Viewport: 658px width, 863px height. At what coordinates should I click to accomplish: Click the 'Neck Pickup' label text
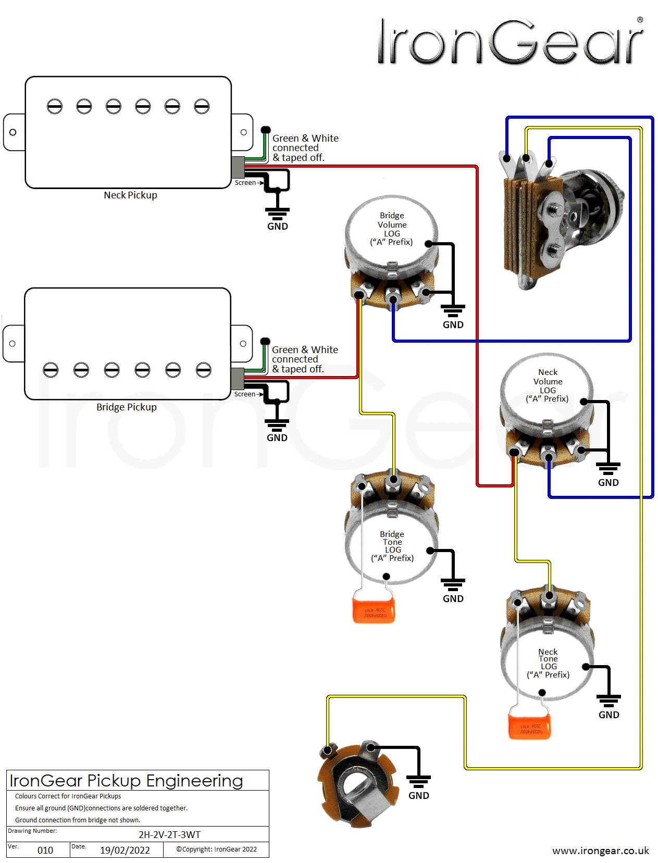tap(130, 195)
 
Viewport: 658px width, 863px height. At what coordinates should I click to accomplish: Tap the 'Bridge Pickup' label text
tap(126, 407)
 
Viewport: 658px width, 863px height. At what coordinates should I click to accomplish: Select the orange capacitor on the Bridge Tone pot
tap(374, 610)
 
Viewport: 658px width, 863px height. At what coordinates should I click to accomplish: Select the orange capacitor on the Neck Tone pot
tap(529, 726)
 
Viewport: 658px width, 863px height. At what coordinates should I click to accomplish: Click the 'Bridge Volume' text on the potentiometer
tap(392, 220)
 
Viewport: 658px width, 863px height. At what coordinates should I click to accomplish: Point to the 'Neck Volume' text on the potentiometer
tap(548, 377)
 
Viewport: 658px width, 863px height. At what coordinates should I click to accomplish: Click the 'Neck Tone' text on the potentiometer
tap(548, 655)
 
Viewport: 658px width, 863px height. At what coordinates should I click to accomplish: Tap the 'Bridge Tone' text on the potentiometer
tap(392, 538)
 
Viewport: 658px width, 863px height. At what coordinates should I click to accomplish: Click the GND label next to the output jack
tap(418, 796)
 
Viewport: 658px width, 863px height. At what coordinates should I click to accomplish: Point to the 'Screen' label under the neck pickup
tap(245, 183)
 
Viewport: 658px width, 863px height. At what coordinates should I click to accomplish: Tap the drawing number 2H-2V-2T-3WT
tap(169, 835)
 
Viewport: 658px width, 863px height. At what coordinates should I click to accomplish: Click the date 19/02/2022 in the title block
tap(125, 851)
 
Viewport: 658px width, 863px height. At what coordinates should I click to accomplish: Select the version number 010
tap(45, 851)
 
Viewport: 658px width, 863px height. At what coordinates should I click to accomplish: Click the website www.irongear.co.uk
tap(600, 851)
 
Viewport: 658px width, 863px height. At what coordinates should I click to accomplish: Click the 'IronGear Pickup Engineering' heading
tap(127, 781)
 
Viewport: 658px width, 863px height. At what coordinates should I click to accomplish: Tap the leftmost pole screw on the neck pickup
tap(55, 107)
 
